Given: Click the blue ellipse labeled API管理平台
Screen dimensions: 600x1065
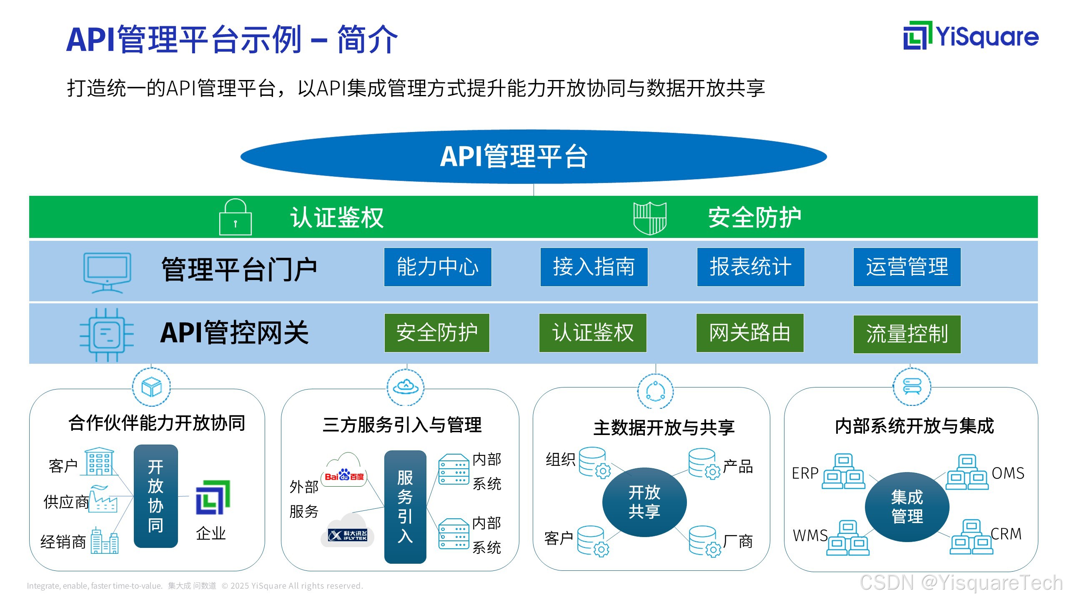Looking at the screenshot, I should click(x=533, y=156).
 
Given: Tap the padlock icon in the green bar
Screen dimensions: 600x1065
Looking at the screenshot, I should click(x=235, y=217).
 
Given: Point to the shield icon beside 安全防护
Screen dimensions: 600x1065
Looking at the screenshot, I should click(x=649, y=218).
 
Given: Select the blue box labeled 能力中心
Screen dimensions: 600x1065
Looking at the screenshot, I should click(x=437, y=267).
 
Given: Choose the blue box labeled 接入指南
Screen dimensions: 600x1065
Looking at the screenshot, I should click(x=594, y=267).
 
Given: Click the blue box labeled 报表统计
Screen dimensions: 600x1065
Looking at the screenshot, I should click(x=750, y=267).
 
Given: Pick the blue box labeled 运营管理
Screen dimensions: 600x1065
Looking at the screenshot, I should click(x=907, y=267).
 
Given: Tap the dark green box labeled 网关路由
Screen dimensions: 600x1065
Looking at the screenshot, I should click(x=749, y=333).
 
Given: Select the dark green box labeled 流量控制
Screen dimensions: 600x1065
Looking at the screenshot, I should click(x=907, y=334).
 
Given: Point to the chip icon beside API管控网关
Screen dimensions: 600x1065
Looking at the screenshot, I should click(x=107, y=335).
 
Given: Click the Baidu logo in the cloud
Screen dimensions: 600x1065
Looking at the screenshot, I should click(x=344, y=475).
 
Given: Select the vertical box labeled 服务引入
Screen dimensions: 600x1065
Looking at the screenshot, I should click(x=405, y=507).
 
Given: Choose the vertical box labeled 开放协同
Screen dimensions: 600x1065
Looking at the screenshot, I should click(x=155, y=496).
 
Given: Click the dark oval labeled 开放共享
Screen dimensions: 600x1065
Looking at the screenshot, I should click(x=644, y=502).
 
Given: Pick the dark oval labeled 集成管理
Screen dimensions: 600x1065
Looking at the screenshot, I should click(x=907, y=507).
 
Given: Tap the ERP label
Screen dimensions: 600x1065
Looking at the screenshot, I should click(x=805, y=473).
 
